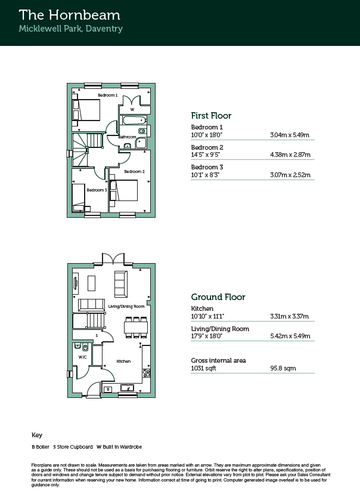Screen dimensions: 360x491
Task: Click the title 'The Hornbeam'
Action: coord(69,15)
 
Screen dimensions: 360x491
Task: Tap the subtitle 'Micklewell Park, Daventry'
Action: coord(71,29)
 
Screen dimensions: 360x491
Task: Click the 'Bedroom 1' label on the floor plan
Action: coord(108,95)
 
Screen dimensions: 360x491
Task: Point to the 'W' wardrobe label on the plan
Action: coord(132,110)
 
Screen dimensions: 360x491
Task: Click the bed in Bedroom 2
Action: coord(123,190)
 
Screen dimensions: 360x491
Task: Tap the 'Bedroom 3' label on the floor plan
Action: coord(97,190)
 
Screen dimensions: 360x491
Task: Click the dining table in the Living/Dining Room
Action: coord(136,328)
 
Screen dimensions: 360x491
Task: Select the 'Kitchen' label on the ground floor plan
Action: coord(123,362)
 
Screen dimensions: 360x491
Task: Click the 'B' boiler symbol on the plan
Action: coord(108,389)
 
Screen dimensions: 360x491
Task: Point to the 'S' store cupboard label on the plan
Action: coord(97,336)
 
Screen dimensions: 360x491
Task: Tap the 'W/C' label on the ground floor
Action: coord(82,357)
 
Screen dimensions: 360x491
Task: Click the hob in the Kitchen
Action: coord(147,373)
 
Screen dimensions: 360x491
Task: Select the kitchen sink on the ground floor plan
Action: coord(128,388)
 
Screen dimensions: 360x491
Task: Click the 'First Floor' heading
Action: coord(211,116)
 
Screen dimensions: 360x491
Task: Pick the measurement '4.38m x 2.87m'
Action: coord(290,155)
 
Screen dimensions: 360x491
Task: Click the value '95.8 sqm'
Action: coord(283,368)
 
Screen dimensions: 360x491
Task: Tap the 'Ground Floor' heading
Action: coord(218,297)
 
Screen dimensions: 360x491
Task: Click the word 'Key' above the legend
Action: coord(37,436)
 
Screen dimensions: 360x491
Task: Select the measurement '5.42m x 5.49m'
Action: coord(290,336)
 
